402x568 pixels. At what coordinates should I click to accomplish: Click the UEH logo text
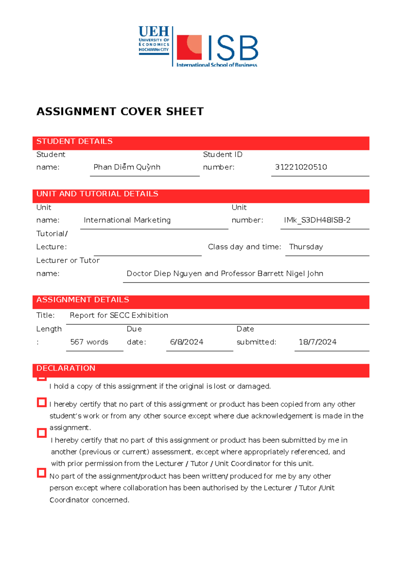click(x=154, y=31)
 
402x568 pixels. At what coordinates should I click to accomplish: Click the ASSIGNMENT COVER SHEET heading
click(x=120, y=112)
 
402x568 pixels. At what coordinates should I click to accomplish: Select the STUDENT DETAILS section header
click(x=74, y=142)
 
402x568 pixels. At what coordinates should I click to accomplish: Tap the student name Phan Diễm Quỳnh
click(x=127, y=167)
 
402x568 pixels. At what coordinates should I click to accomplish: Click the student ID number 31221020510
click(x=301, y=167)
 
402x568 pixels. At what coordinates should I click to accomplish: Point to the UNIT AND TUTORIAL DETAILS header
click(x=97, y=194)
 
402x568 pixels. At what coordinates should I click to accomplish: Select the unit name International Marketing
click(x=127, y=220)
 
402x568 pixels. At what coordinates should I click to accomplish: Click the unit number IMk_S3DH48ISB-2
click(x=317, y=220)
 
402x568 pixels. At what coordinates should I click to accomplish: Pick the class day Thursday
click(x=306, y=247)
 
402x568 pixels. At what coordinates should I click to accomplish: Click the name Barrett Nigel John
click(x=290, y=274)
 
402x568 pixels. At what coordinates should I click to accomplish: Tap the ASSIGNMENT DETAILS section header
click(x=82, y=300)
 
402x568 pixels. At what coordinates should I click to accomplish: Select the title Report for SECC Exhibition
click(x=119, y=315)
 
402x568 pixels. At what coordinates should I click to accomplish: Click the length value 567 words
click(x=89, y=342)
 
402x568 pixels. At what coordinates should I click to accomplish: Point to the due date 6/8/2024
click(x=187, y=342)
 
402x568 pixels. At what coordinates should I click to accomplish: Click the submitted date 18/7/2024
click(x=317, y=342)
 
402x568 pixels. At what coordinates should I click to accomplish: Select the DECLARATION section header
click(x=66, y=368)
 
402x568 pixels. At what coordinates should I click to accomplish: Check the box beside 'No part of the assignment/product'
click(x=42, y=473)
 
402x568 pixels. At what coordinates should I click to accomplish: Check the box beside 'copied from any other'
click(x=42, y=402)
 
